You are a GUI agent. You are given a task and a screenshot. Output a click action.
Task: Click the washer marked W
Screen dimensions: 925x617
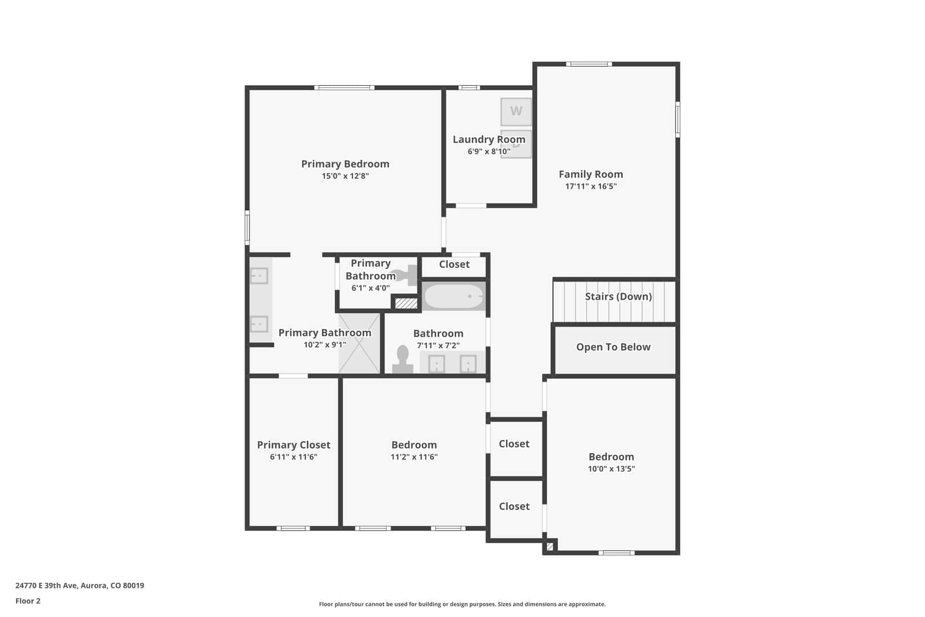pos(516,111)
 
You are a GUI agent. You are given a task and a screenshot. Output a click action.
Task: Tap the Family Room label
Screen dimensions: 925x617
pos(590,174)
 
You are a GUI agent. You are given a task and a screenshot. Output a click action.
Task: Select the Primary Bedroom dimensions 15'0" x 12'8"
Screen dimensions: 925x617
pos(345,176)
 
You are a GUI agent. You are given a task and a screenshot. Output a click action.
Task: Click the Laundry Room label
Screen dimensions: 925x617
pos(489,140)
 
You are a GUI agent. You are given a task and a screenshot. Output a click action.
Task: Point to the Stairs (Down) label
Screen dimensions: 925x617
pos(618,297)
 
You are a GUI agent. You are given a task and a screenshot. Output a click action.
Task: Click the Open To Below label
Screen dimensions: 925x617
pos(613,347)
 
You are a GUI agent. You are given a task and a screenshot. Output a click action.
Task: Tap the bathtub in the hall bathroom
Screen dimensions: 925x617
pos(454,296)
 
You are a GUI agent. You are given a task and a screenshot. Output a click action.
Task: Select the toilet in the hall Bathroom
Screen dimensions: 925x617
pos(403,359)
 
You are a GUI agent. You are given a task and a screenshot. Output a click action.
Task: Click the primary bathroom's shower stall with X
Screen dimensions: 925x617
pos(359,343)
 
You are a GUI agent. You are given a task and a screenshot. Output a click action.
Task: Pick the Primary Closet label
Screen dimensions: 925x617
pos(293,445)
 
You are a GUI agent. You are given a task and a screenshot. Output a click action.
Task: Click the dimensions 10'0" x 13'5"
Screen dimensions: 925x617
pos(611,468)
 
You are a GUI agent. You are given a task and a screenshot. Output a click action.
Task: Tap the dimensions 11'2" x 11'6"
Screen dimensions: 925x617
pos(414,456)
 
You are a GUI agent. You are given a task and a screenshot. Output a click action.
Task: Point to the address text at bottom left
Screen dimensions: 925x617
pos(80,586)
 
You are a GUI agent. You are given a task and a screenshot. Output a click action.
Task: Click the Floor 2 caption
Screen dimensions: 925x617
pos(28,601)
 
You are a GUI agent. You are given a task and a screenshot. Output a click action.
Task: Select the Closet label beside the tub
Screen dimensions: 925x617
pos(455,265)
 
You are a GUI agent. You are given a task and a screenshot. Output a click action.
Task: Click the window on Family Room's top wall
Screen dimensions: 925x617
pos(589,64)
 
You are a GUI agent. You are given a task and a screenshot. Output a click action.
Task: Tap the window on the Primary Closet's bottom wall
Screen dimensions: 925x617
pos(293,528)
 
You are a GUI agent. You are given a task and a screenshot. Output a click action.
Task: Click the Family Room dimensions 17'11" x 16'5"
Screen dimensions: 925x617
pos(590,186)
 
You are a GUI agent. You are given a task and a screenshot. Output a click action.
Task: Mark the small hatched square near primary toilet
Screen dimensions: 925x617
pos(407,304)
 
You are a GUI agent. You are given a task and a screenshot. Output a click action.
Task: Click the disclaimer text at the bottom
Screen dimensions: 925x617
pos(462,604)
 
